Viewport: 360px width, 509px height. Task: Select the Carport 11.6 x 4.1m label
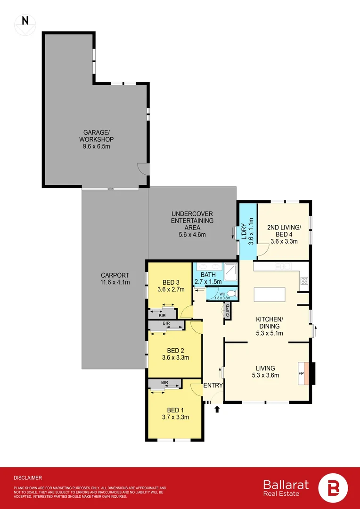pyautogui.click(x=115, y=279)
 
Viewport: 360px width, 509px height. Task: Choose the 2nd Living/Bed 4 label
pyautogui.click(x=284, y=234)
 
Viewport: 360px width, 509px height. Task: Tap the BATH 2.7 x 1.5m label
pyautogui.click(x=208, y=278)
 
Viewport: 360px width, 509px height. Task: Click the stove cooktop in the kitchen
pyautogui.click(x=304, y=281)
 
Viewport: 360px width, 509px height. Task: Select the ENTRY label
pyautogui.click(x=213, y=386)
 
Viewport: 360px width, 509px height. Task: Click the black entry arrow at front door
pyautogui.click(x=217, y=410)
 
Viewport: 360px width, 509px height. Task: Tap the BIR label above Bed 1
pyautogui.click(x=164, y=383)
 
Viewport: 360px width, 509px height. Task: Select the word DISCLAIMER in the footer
pyautogui.click(x=28, y=477)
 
